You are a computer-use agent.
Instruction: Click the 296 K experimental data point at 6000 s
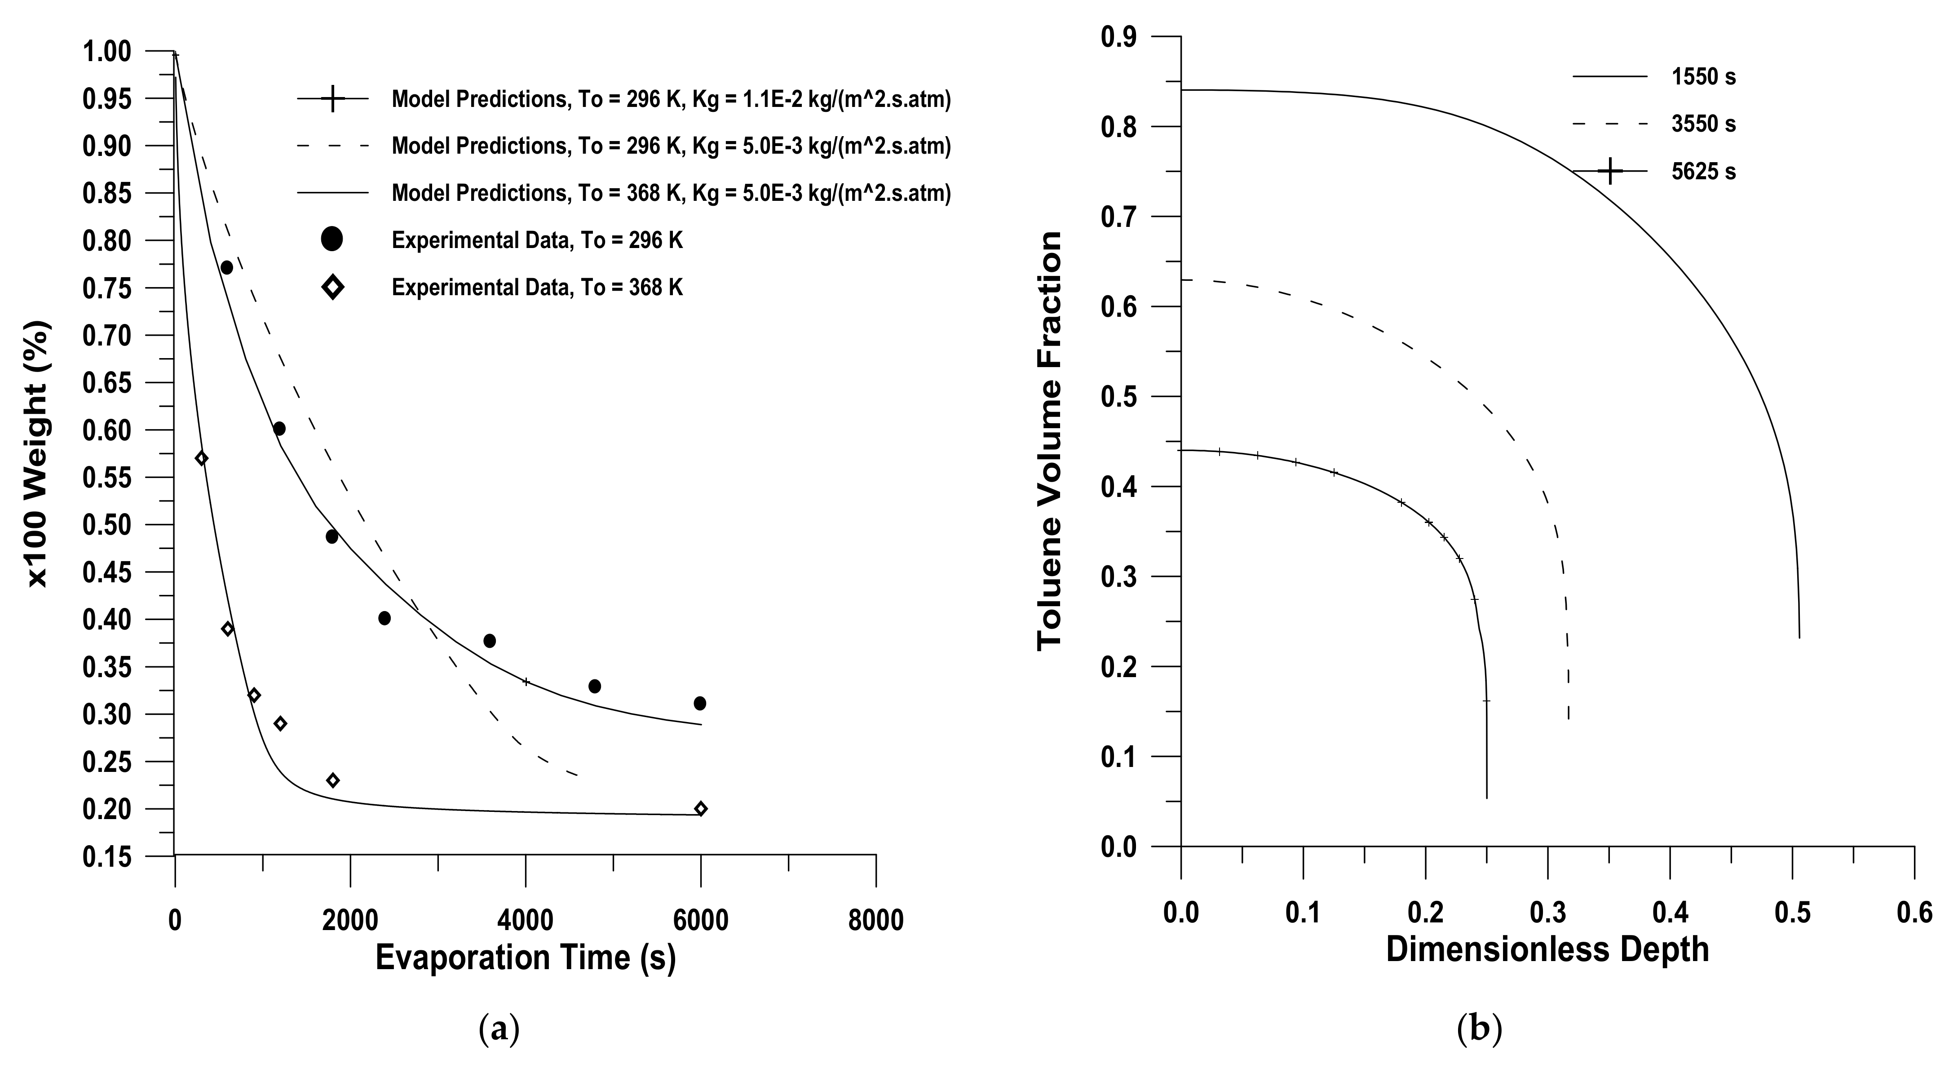point(700,703)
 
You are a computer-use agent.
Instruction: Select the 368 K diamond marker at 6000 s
point(701,809)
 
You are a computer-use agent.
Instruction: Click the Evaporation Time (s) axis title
point(525,958)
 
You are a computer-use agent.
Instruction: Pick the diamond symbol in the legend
point(332,288)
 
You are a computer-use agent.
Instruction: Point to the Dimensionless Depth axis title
point(1547,950)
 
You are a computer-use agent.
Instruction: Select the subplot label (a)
point(499,1030)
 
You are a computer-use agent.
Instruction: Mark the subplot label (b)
point(1479,1030)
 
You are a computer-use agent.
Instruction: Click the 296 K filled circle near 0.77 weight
point(226,268)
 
